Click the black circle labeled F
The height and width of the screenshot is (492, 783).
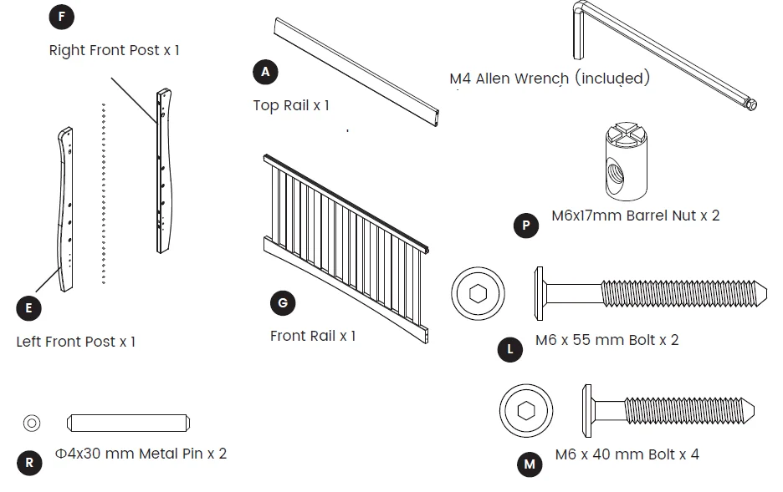pyautogui.click(x=61, y=16)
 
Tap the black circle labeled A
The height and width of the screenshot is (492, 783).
pyautogui.click(x=265, y=72)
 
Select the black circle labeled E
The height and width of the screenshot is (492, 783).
pyautogui.click(x=28, y=308)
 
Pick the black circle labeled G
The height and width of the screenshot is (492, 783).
pyautogui.click(x=283, y=303)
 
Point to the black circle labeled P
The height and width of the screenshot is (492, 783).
pyautogui.click(x=525, y=226)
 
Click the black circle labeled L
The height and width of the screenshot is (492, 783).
pyautogui.click(x=510, y=350)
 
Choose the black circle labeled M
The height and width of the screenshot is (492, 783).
pyautogui.click(x=529, y=464)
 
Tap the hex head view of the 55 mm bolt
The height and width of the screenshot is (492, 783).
pyautogui.click(x=478, y=294)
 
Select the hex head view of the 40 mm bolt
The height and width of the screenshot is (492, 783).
pyautogui.click(x=526, y=410)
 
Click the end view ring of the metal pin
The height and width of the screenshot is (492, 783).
pyautogui.click(x=32, y=423)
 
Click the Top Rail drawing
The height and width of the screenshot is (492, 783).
pyautogui.click(x=356, y=73)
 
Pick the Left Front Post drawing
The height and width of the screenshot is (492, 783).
pyautogui.click(x=65, y=209)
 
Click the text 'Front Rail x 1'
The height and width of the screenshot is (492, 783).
pyautogui.click(x=313, y=336)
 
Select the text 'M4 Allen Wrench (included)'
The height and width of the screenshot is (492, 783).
pyautogui.click(x=549, y=79)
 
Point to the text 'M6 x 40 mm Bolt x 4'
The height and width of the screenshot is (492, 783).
pyautogui.click(x=627, y=455)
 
